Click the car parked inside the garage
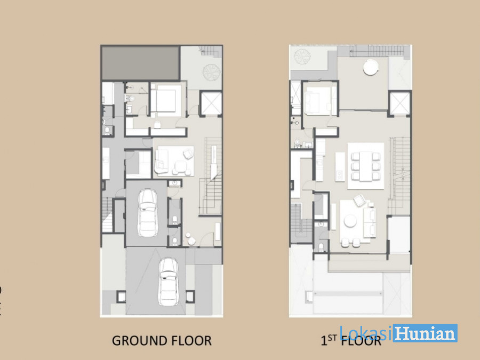point(147,213)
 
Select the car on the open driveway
point(168,282)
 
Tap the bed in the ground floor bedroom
point(165,99)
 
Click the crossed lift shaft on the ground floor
point(211,103)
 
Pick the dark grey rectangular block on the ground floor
point(140,63)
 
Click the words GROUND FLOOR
point(162,341)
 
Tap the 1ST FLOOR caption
point(351,340)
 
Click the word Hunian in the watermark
point(425,333)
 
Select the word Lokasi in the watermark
point(366,332)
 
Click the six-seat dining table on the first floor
point(365,166)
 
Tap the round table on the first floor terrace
point(371,67)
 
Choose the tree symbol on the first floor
point(302,57)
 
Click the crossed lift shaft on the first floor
point(399,103)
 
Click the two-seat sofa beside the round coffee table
point(370,222)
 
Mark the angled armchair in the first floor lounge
point(359,200)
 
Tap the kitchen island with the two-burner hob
point(340,167)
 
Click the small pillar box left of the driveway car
point(121,297)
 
